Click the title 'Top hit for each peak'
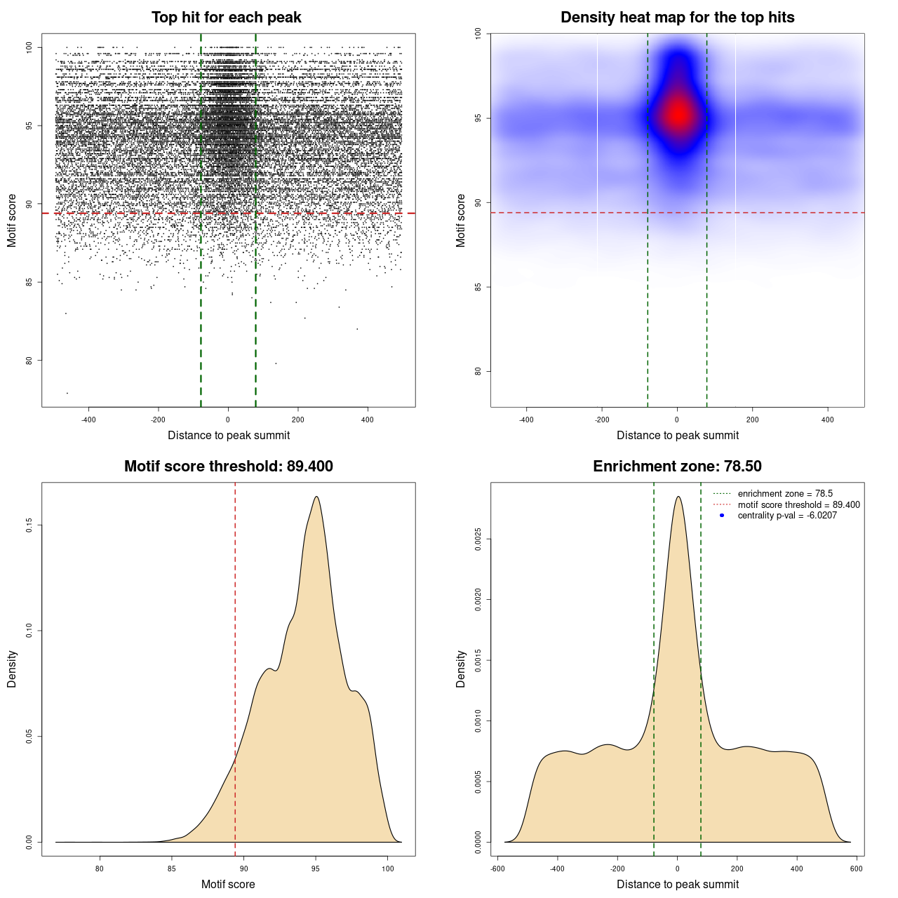tap(226, 18)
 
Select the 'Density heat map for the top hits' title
tap(677, 18)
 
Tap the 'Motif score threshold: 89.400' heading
tap(228, 467)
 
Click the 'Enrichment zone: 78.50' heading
tap(677, 467)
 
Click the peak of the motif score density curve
tap(316, 497)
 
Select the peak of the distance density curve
tap(678, 497)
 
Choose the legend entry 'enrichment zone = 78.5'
tap(785, 494)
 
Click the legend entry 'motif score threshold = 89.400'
tap(798, 504)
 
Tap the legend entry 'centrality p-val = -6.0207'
tap(787, 516)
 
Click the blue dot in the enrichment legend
tap(722, 516)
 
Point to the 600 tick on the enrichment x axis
tap(857, 869)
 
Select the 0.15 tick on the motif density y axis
tap(29, 525)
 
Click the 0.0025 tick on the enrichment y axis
tap(478, 540)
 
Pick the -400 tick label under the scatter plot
tap(88, 420)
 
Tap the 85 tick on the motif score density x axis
tap(172, 869)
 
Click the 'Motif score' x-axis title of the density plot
tap(228, 884)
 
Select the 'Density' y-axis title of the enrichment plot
tap(461, 669)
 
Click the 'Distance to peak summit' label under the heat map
tap(678, 435)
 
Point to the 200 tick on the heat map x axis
tap(752, 420)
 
